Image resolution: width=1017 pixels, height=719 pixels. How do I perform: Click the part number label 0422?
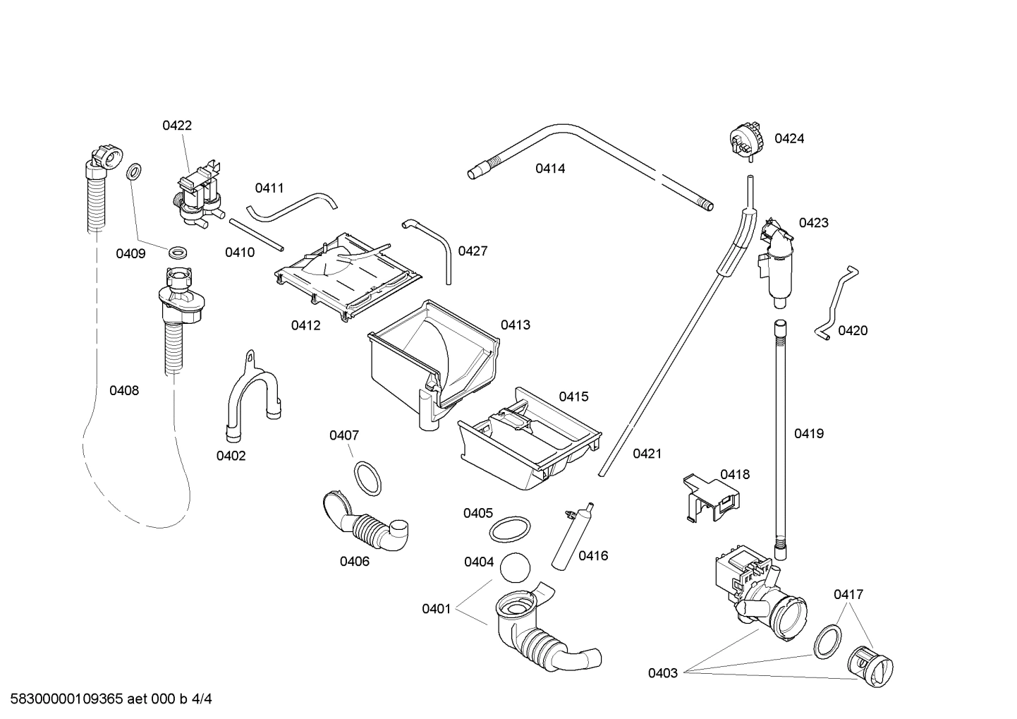click(x=177, y=126)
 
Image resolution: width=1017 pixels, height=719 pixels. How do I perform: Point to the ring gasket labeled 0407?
click(x=367, y=478)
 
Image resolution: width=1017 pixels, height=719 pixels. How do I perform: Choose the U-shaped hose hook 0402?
click(x=250, y=395)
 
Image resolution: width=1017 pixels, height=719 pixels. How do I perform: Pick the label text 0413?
click(x=515, y=325)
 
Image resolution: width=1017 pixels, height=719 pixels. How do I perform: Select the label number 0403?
click(x=663, y=673)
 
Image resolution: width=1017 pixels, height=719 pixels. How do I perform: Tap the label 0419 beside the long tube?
click(x=808, y=434)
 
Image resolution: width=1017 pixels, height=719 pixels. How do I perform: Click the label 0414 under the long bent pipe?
click(x=549, y=169)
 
